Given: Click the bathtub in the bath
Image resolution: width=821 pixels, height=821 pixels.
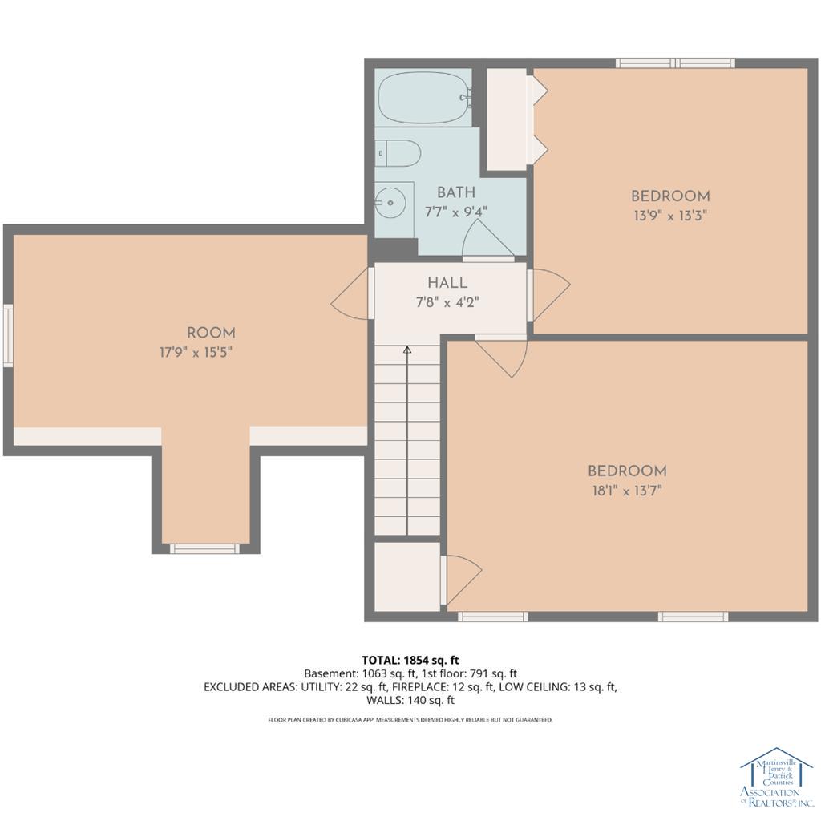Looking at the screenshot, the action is [425, 97].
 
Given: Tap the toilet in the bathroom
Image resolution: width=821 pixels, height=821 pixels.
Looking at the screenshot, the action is [398, 153].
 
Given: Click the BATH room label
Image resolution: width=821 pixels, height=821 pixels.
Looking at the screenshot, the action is [456, 192].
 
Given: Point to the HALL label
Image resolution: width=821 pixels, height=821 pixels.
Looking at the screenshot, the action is [447, 283].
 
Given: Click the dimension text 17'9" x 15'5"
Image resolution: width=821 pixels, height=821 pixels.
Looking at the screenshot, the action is [196, 353].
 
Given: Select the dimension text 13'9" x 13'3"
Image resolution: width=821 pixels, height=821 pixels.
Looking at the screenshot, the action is [670, 216].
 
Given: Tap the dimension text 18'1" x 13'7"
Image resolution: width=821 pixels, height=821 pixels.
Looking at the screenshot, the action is [627, 491].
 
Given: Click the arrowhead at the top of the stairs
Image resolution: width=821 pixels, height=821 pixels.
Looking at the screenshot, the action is [407, 350].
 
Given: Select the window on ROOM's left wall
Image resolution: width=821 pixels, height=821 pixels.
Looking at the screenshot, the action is [8, 336].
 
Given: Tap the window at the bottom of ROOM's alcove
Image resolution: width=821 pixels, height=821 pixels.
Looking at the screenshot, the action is [204, 548].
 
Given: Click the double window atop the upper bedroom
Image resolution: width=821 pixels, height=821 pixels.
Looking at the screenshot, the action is [675, 63].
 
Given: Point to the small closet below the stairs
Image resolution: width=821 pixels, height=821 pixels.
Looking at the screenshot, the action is [407, 576].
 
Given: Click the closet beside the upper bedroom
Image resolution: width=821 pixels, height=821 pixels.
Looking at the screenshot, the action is [508, 119].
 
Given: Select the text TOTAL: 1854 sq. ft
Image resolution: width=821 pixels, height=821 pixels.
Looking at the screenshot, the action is [410, 661].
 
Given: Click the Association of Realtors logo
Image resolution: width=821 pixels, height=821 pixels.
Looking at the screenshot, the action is [776, 776].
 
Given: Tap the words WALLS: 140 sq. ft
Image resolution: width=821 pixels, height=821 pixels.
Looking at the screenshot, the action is [410, 700].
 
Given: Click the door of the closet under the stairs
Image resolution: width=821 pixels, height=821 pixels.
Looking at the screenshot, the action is [461, 580].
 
